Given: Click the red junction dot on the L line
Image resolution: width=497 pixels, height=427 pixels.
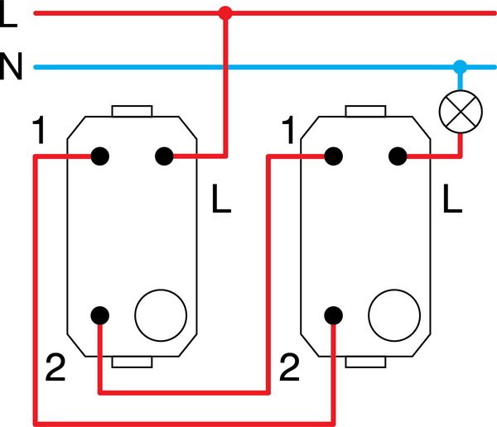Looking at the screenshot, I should (x=224, y=13).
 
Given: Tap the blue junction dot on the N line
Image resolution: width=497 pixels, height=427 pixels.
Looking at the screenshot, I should (x=461, y=65).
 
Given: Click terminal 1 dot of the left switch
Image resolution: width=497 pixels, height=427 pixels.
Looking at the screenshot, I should (x=101, y=155).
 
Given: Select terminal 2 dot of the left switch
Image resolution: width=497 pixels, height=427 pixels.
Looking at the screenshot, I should (x=100, y=314).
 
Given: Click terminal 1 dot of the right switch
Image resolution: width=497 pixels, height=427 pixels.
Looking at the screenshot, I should (x=335, y=155).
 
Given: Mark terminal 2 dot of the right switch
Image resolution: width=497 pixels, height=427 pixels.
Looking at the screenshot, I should (x=335, y=314).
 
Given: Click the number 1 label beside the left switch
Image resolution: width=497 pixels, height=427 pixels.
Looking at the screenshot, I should (x=38, y=132).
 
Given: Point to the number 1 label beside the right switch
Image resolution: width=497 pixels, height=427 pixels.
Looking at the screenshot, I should (x=288, y=132).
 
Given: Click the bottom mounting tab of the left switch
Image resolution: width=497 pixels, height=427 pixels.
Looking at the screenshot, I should (x=132, y=361).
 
